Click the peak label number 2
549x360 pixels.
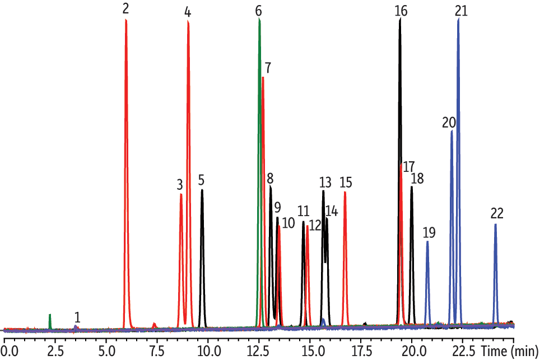coord(125,8)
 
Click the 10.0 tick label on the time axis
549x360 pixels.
coord(208,350)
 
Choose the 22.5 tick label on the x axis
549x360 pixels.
coord(463,350)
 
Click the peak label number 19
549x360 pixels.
coord(429,232)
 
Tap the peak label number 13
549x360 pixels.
coord(325,183)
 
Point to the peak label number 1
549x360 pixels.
coord(77,317)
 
